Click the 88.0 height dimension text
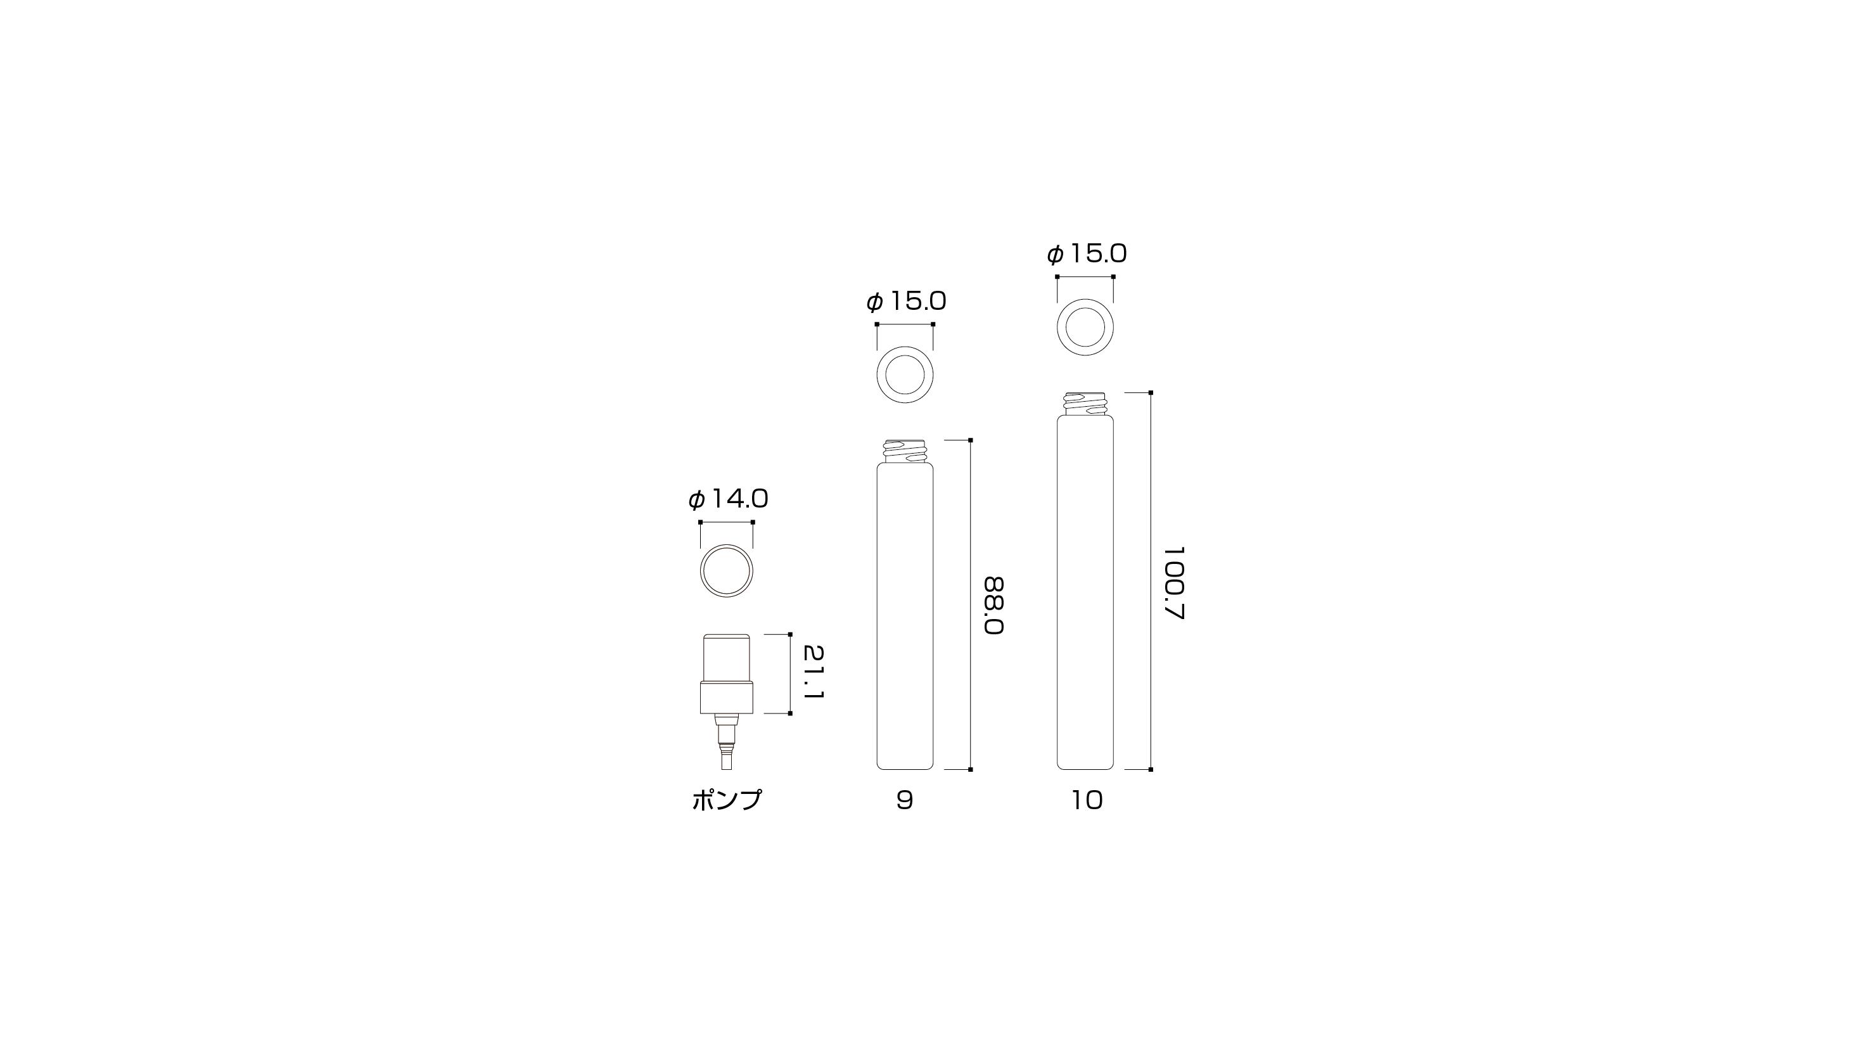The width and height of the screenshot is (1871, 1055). point(993,606)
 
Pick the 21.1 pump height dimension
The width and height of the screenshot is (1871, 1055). point(814,673)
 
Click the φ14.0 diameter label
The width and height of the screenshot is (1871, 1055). point(728,499)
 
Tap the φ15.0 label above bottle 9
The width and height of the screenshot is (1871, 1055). point(905,301)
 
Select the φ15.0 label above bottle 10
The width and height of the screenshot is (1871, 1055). point(1087,253)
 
